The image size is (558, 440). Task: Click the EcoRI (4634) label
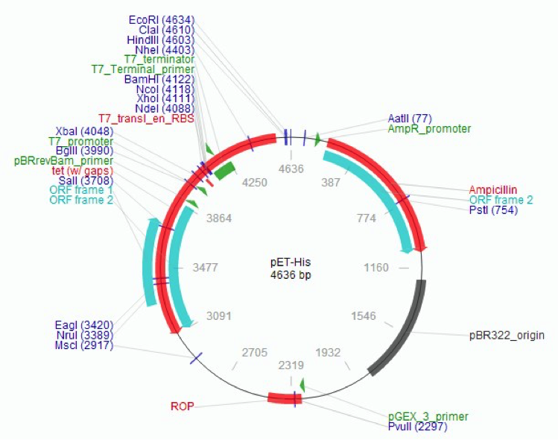coord(162,19)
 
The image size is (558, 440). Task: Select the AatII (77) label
coord(410,118)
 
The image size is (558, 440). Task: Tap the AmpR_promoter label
coord(429,128)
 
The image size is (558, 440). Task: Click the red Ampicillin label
coord(493,189)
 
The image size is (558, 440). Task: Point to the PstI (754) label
coord(493,210)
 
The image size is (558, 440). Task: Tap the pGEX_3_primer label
coord(428,416)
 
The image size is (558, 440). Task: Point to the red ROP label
coord(183,406)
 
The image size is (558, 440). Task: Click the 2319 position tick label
coord(291,365)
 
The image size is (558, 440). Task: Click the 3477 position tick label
coord(203,266)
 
